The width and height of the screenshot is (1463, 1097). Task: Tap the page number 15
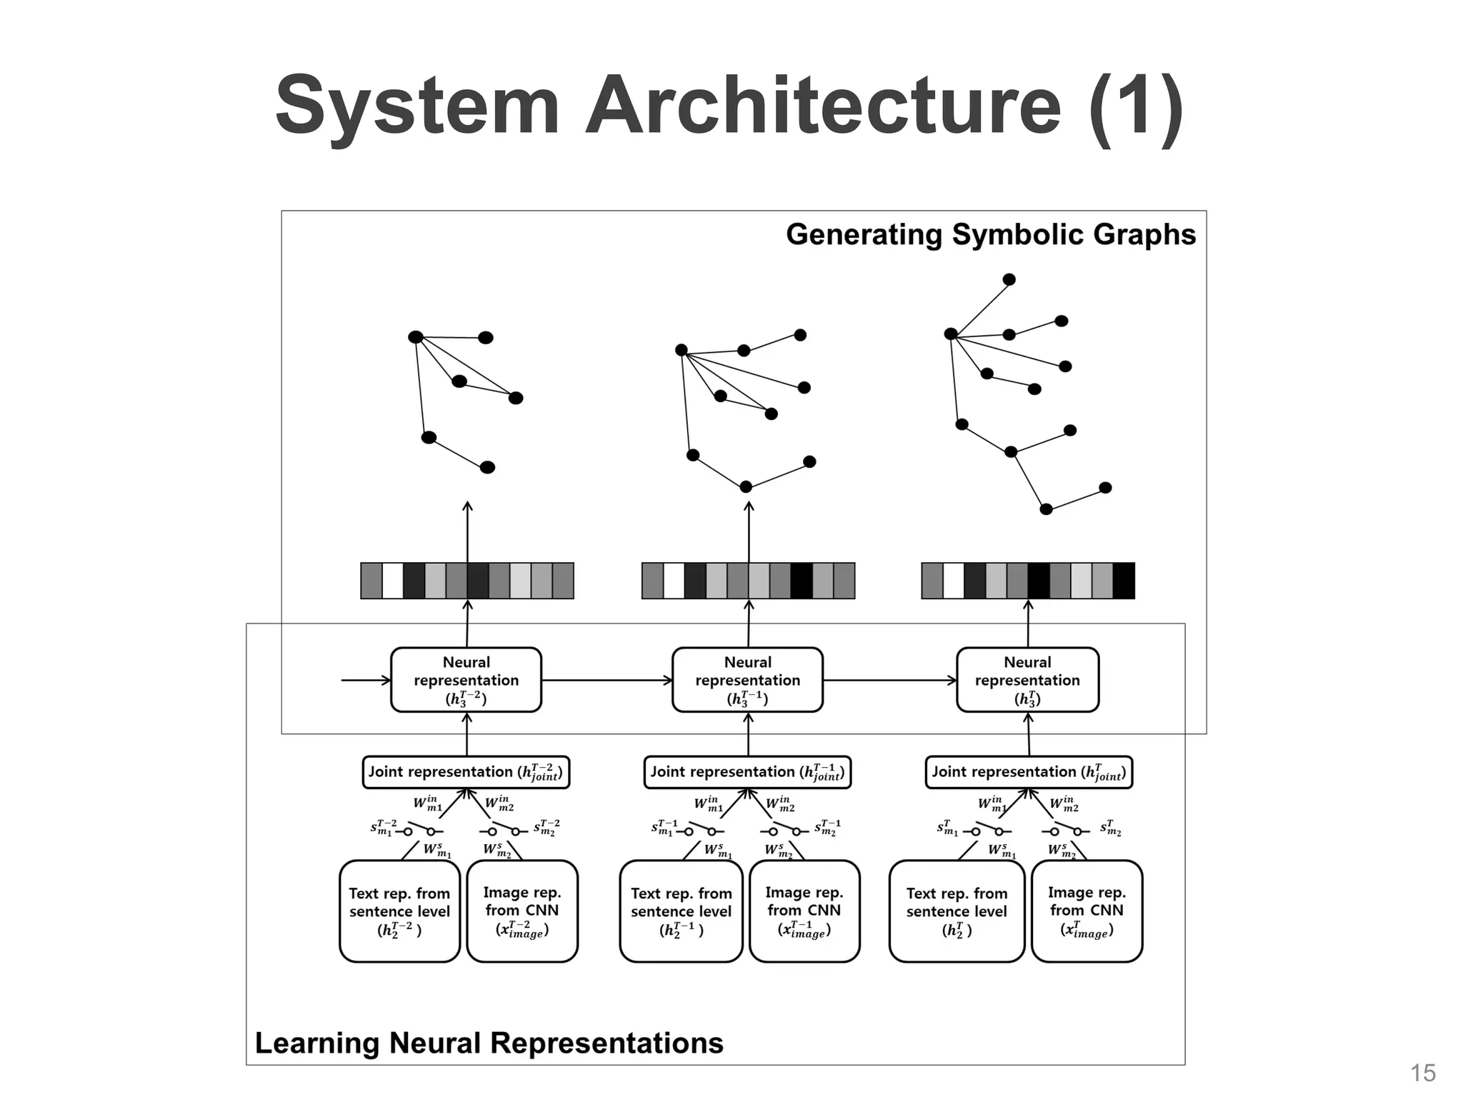click(x=1423, y=1073)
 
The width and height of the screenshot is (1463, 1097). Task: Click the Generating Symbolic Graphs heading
click(x=990, y=235)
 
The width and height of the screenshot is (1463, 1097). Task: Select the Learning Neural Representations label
click(x=489, y=1043)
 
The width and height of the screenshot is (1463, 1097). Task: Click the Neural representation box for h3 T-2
click(x=466, y=680)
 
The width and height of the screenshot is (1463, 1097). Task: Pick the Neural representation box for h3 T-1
click(x=747, y=680)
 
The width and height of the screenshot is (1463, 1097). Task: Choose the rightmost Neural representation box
click(x=1027, y=680)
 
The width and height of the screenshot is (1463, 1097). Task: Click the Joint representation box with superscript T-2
click(x=466, y=772)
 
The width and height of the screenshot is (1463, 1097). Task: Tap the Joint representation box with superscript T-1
click(x=747, y=772)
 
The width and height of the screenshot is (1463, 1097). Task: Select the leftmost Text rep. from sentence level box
click(x=399, y=911)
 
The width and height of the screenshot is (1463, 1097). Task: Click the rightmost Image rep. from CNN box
click(x=1087, y=911)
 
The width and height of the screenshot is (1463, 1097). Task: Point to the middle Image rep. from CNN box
click(x=804, y=911)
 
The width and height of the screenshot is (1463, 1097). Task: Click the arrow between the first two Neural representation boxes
click(x=607, y=680)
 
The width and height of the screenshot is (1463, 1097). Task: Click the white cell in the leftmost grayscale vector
click(x=392, y=581)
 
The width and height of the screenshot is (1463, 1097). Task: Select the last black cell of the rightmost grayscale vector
click(x=1124, y=581)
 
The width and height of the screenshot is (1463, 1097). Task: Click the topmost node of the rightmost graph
click(x=1009, y=279)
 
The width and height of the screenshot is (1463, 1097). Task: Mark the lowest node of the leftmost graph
click(x=487, y=467)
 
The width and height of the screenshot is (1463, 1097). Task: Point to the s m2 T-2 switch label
click(x=547, y=828)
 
